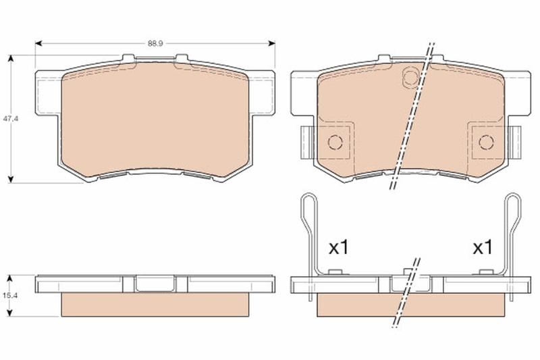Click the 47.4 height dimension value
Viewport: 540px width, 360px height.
click(11, 118)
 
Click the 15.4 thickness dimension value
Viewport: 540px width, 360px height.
click(11, 295)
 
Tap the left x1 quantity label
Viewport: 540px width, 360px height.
click(339, 247)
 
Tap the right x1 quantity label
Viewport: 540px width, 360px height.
click(483, 247)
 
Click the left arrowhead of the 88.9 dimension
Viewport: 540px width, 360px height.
click(38, 43)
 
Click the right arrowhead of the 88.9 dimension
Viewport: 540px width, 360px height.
click(272, 43)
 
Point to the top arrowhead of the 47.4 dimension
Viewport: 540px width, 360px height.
click(11, 58)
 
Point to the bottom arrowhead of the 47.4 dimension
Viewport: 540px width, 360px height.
click(11, 179)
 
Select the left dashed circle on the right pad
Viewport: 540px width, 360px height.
click(335, 142)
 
